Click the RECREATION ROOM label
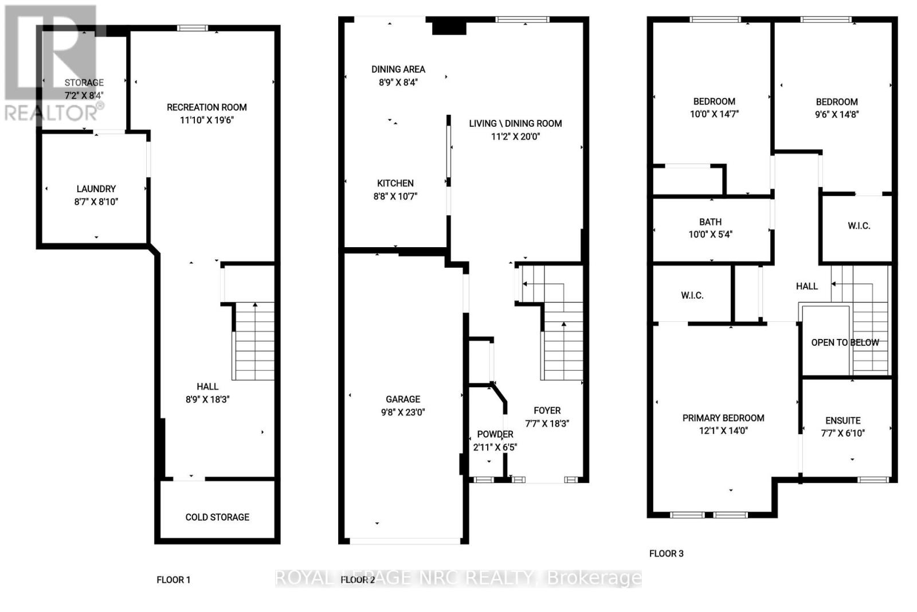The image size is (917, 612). (206, 107)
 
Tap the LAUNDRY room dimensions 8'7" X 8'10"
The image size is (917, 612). (96, 202)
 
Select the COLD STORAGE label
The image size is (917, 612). (217, 517)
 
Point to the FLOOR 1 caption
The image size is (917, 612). (173, 580)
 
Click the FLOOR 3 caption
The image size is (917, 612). (666, 553)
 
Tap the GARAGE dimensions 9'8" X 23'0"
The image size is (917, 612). (403, 412)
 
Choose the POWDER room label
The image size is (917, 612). (495, 434)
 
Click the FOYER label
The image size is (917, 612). (547, 411)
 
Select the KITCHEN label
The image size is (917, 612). (395, 184)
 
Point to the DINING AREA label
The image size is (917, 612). (398, 69)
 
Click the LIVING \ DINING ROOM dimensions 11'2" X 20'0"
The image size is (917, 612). (515, 137)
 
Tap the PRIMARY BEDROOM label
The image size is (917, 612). (723, 418)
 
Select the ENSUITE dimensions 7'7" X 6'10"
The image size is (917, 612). (842, 434)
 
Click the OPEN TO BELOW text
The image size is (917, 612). (844, 342)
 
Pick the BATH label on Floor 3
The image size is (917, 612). (710, 222)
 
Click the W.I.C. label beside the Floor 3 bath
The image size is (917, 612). (859, 226)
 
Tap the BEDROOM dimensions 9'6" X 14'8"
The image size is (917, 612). (837, 115)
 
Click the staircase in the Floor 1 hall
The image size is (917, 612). (254, 341)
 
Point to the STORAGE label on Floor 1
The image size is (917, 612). (84, 83)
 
